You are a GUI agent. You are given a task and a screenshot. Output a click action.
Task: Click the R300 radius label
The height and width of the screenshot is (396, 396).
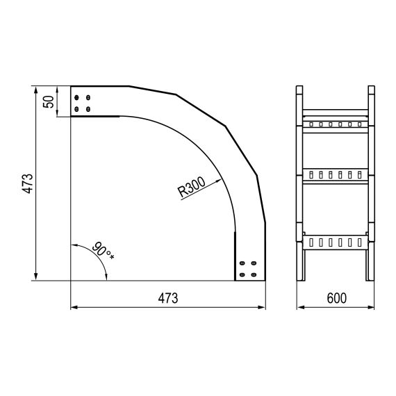[191, 187]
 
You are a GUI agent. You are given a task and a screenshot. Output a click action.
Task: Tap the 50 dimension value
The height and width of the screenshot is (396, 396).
[49, 101]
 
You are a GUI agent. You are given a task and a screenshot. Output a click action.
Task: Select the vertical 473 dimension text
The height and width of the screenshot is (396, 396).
[28, 183]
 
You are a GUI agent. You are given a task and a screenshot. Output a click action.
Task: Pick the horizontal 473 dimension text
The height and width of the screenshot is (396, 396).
[168, 298]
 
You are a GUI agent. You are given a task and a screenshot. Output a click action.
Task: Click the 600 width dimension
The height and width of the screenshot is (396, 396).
[337, 298]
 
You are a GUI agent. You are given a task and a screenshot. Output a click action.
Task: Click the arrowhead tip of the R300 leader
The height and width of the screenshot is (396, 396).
[222, 179]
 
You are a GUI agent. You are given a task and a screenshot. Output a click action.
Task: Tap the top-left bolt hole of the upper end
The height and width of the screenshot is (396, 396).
[76, 97]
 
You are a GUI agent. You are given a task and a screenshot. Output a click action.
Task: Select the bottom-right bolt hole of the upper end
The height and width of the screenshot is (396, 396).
[88, 109]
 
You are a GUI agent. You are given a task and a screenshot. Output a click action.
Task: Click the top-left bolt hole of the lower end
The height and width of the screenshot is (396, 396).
[242, 263]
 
